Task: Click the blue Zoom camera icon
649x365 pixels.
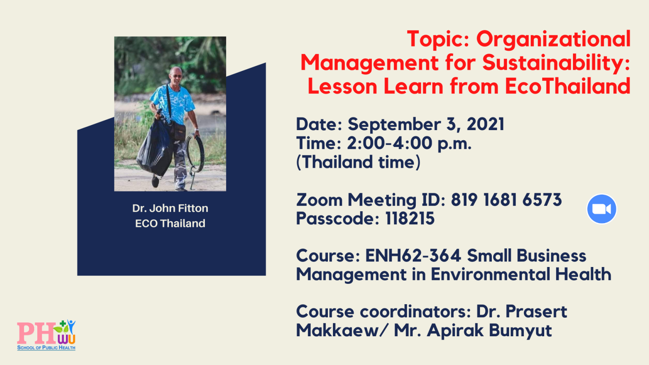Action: pyautogui.click(x=602, y=209)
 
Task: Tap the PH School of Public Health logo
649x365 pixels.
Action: pyautogui.click(x=46, y=335)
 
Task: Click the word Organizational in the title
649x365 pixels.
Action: pyautogui.click(x=554, y=40)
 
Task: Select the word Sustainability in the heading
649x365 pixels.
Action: pyautogui.click(x=556, y=62)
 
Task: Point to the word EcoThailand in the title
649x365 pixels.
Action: pyautogui.click(x=567, y=86)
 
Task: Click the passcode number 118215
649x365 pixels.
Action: pyautogui.click(x=410, y=218)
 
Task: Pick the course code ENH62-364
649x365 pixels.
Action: pyautogui.click(x=413, y=256)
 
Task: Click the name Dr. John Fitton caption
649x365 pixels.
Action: pyautogui.click(x=170, y=208)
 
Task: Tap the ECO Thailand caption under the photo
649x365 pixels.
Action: pyautogui.click(x=170, y=223)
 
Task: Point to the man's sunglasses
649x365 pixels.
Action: pyautogui.click(x=176, y=76)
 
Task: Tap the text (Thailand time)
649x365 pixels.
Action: pyautogui.click(x=358, y=162)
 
